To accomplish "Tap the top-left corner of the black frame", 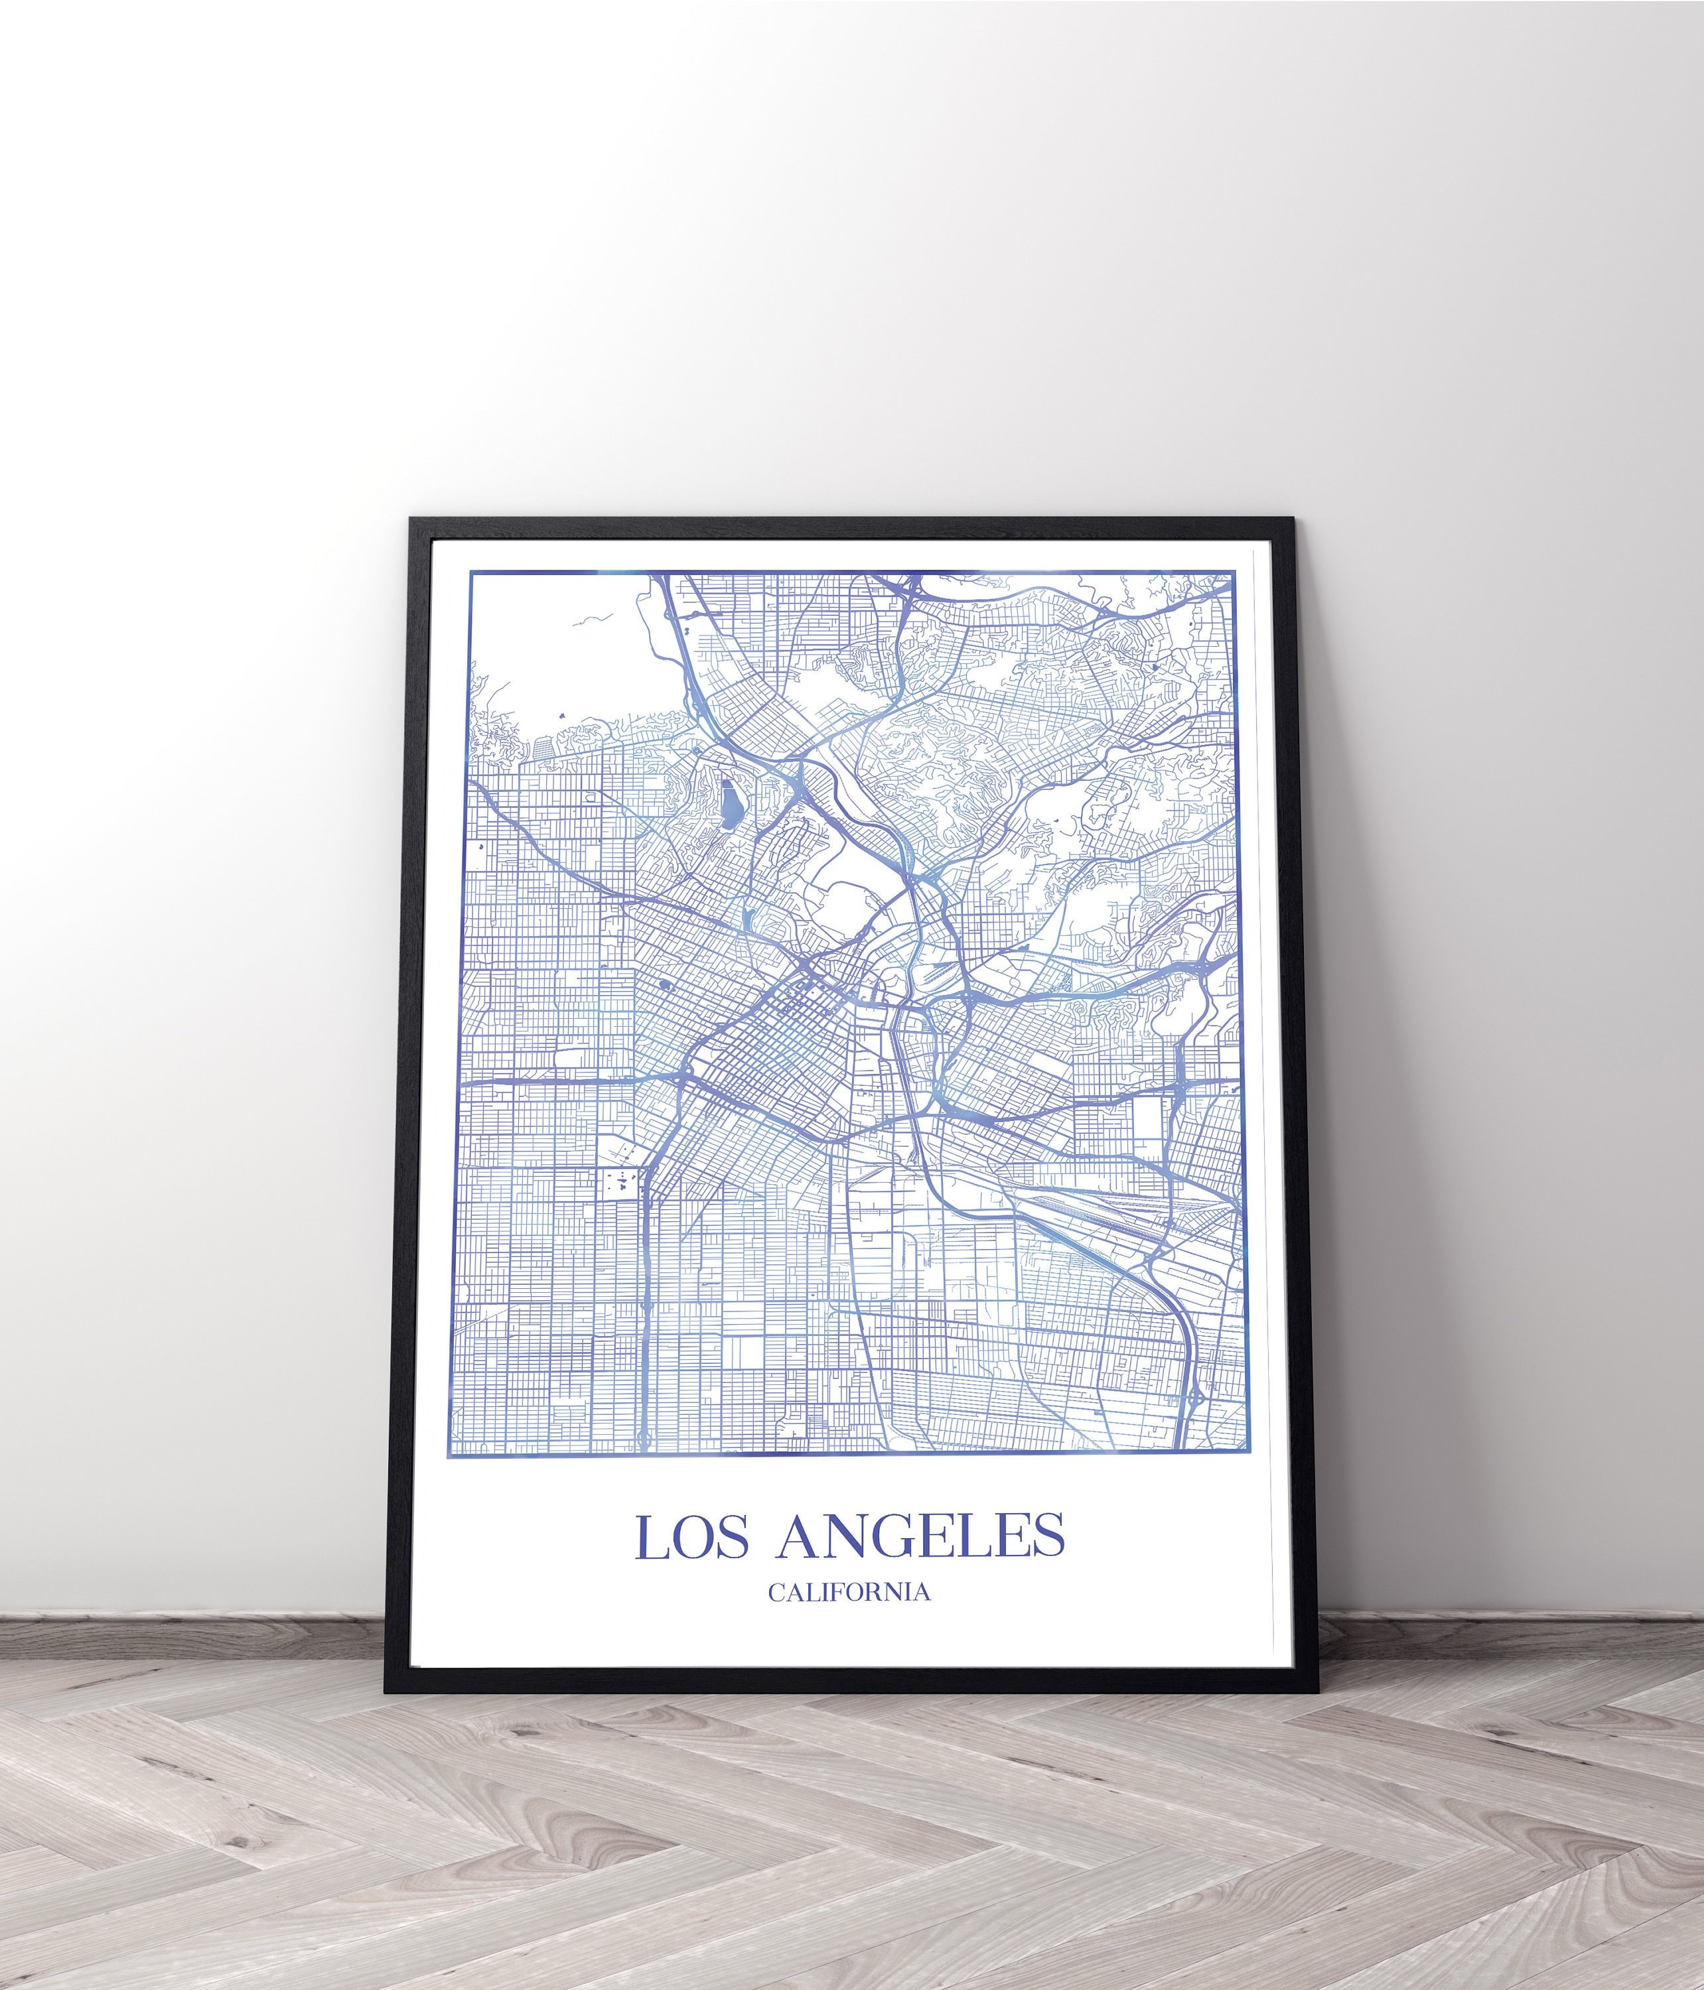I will coord(411,519).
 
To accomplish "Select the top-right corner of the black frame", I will coord(1293,519).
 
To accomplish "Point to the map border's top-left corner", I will coord(470,573).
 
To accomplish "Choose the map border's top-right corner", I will coord(1234,573).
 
